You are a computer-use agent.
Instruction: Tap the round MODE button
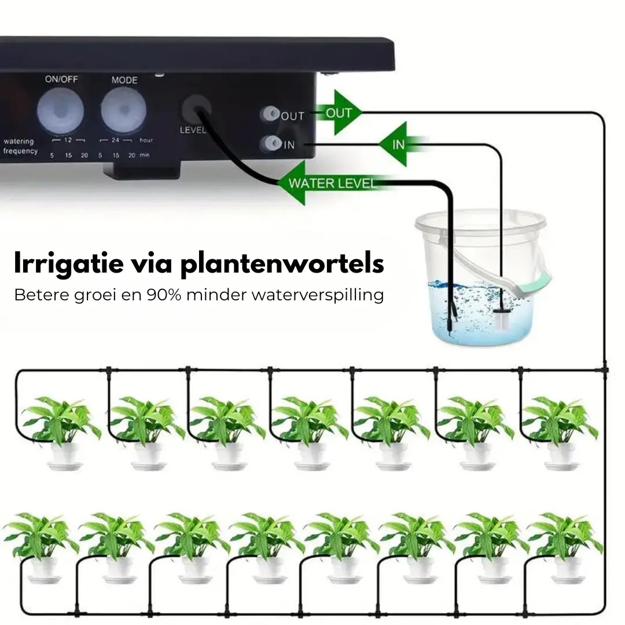(x=124, y=109)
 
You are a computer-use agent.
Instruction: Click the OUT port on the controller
(x=271, y=113)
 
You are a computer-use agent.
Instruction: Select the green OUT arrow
(x=338, y=113)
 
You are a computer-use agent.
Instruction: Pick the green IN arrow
(x=400, y=144)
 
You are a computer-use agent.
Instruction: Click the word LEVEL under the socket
(x=193, y=130)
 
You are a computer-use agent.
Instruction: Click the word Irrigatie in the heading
(x=68, y=263)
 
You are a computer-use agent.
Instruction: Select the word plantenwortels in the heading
(x=282, y=263)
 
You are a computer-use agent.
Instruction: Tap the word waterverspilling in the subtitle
(x=318, y=296)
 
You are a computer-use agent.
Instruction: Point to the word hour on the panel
(x=146, y=140)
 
